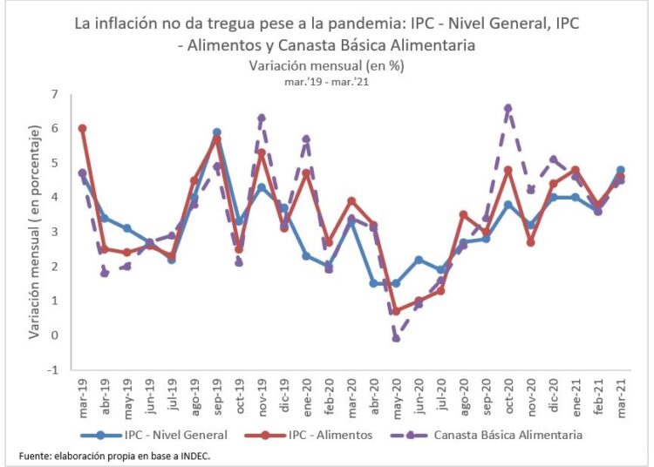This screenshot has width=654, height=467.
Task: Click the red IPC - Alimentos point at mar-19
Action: [x=82, y=128]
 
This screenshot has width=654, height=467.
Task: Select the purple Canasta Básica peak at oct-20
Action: [x=508, y=108]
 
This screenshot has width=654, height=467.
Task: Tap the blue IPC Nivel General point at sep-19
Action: [x=216, y=132]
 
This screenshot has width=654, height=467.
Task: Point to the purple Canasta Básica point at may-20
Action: [x=396, y=338]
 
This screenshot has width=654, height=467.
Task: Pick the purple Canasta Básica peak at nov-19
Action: [x=262, y=118]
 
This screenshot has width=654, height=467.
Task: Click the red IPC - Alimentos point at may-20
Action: [x=396, y=311]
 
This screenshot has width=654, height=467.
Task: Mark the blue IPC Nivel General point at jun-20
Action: [x=419, y=260]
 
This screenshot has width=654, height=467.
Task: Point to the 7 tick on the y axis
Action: [x=54, y=94]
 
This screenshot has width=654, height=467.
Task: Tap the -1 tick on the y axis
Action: [x=52, y=369]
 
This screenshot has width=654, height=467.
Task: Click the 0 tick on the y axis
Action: [x=54, y=335]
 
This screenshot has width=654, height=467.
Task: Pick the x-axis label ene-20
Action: [x=307, y=396]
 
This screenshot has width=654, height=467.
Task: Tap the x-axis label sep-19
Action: [x=217, y=396]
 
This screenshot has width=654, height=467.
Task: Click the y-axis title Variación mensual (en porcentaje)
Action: [x=34, y=232]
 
